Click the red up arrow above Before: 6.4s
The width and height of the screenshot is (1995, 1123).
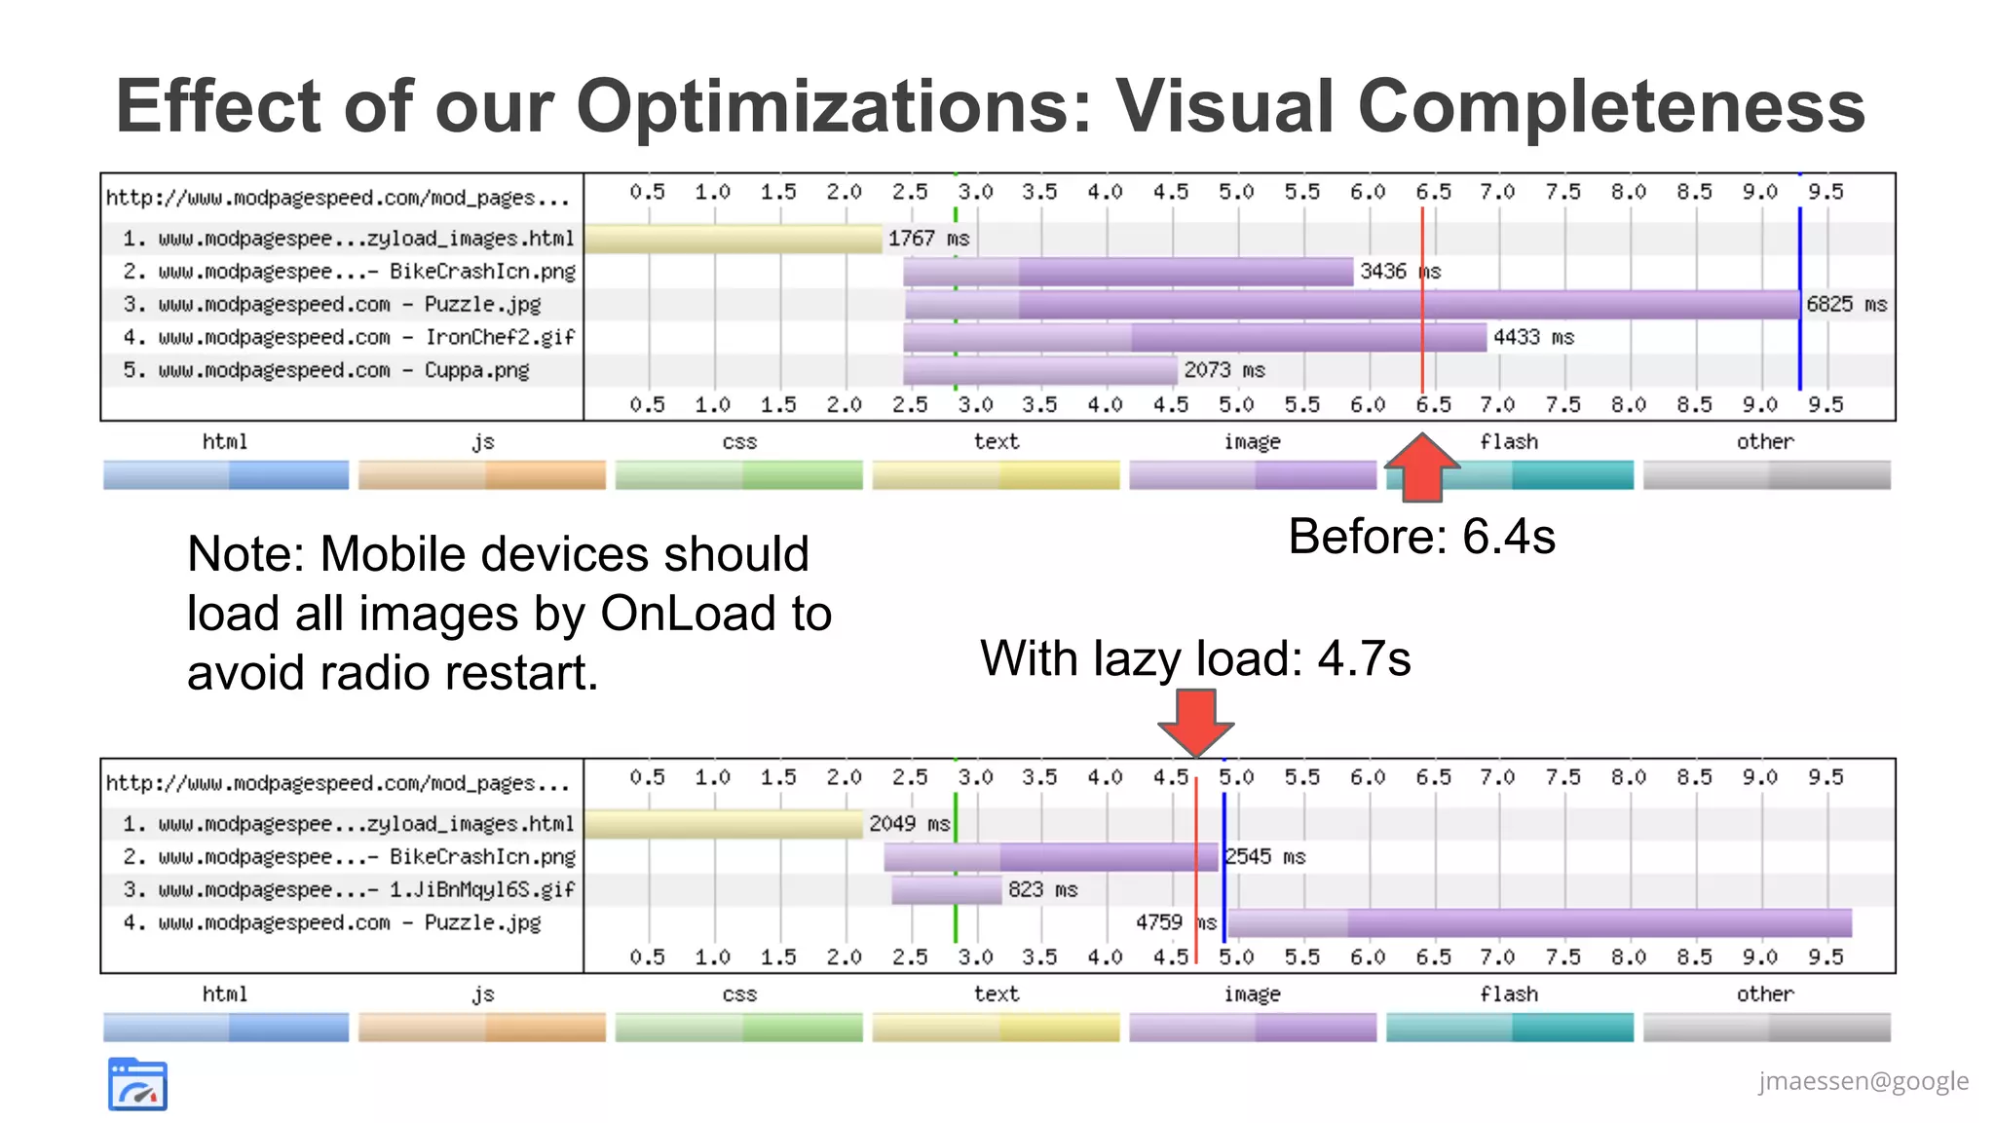coord(1422,468)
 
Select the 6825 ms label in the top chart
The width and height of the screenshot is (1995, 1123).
coord(1846,305)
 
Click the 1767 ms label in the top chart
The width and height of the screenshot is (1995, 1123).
coord(928,239)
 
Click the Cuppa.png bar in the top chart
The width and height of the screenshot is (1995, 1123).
coord(1039,371)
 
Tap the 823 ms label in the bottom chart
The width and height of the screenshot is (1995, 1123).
coord(1042,890)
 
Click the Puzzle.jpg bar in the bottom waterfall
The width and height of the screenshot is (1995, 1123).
coord(1539,923)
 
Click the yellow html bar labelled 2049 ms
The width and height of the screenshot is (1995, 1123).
coord(724,825)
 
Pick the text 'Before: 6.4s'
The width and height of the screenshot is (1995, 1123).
coord(1421,537)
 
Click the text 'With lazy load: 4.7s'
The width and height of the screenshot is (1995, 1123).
coord(1195,658)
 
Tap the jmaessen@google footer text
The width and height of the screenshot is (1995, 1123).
coord(1863,1081)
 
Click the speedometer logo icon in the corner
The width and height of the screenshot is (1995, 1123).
coord(137,1084)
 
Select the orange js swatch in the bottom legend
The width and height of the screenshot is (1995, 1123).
coord(482,1028)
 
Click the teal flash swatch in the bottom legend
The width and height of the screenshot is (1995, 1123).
coord(1509,1028)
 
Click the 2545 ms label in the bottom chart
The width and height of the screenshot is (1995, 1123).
coord(1264,857)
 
